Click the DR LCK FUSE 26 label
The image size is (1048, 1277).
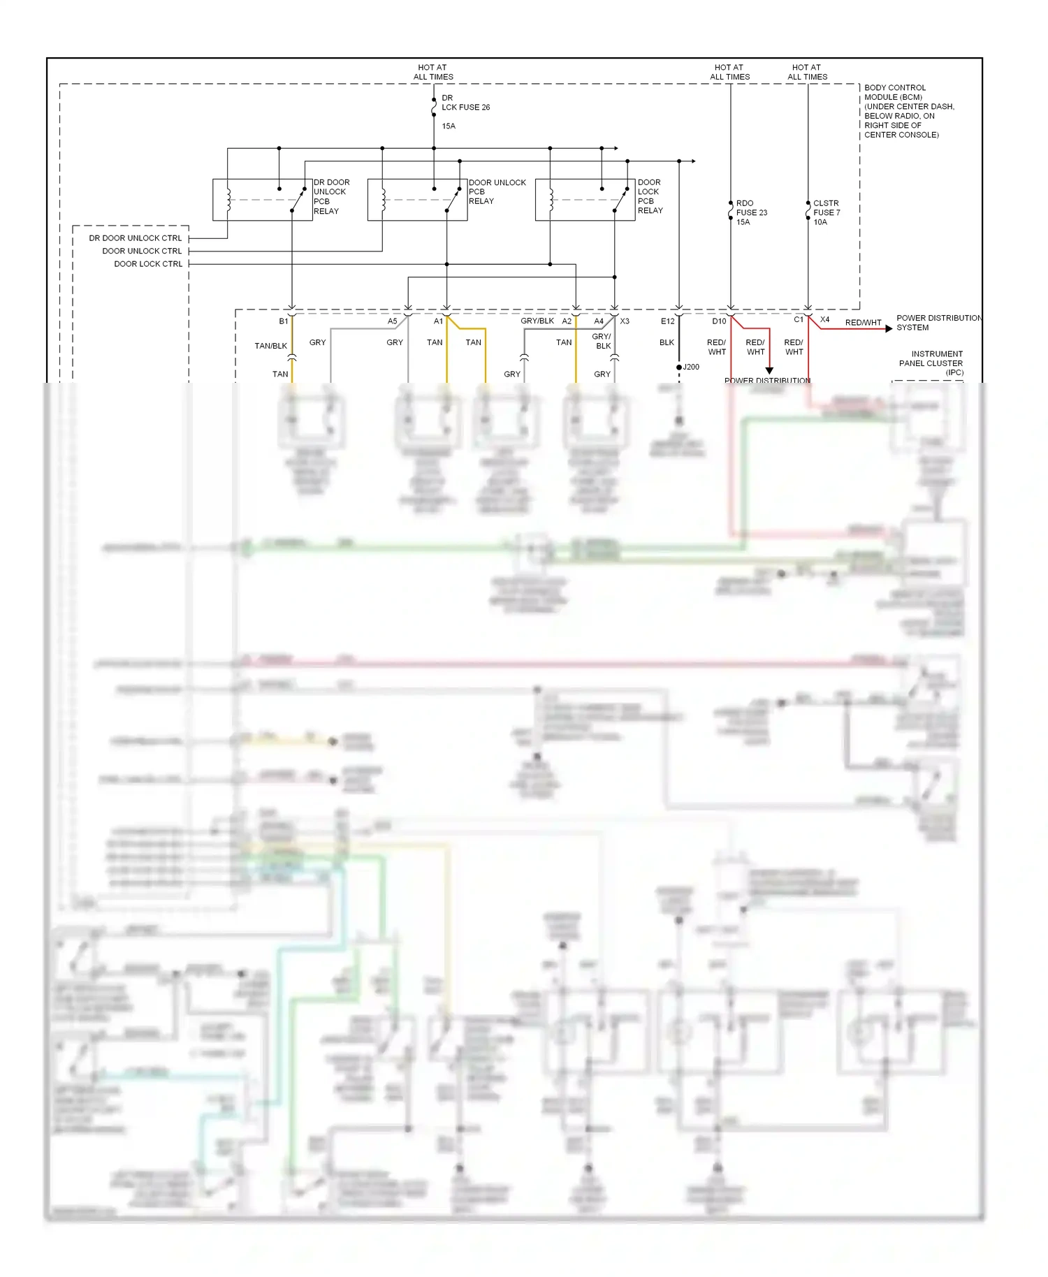465,103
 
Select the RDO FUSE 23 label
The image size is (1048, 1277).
751,208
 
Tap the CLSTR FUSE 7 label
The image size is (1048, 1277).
827,208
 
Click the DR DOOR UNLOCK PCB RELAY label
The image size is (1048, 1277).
331,196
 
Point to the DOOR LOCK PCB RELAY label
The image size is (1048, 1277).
650,196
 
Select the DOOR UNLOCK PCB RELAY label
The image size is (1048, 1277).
496,191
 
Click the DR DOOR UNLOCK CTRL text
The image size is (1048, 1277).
135,238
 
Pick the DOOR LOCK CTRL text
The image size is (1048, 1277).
148,264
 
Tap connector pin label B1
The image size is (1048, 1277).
283,321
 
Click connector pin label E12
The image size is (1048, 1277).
667,321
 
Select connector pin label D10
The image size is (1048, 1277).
719,321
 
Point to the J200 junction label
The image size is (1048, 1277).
690,367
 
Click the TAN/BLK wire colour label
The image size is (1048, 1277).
270,346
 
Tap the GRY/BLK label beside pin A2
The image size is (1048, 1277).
537,321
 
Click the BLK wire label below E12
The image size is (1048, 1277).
667,342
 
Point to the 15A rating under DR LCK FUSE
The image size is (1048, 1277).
449,126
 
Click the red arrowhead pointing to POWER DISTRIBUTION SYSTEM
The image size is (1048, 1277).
889,328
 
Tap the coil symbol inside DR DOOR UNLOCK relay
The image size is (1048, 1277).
228,200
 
